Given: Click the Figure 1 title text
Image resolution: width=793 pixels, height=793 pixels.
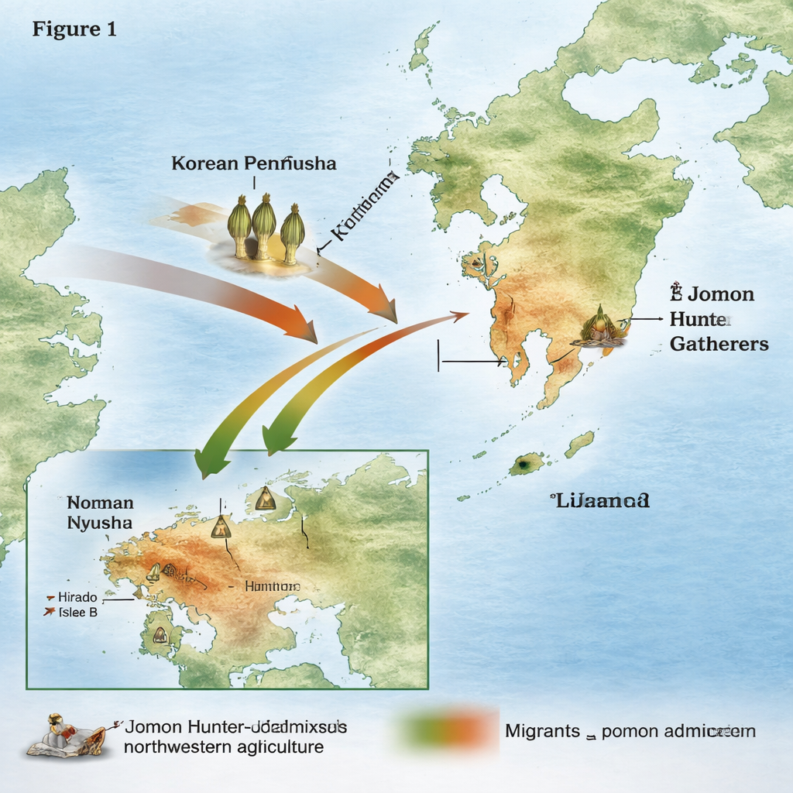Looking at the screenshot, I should click(74, 30).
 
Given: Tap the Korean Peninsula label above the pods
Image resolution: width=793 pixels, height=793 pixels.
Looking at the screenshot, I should click(254, 164).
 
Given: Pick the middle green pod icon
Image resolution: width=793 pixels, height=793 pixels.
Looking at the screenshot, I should click(264, 224).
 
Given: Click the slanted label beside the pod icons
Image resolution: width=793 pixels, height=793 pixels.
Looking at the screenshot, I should click(364, 204).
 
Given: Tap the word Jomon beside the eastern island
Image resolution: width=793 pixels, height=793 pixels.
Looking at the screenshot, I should click(720, 295).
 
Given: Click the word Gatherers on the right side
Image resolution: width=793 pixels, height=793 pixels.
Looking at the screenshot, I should click(719, 345).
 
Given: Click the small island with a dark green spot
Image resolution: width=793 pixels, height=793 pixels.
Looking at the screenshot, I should click(525, 464).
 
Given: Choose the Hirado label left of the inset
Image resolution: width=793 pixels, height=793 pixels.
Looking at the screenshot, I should click(78, 598).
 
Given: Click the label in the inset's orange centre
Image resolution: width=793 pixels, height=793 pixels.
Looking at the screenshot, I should click(272, 587).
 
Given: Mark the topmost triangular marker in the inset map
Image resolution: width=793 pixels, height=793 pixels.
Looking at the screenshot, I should click(266, 499).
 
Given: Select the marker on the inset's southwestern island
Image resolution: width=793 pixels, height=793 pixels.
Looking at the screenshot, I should click(160, 635).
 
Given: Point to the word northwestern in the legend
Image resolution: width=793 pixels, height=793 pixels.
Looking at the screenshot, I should click(170, 747).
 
